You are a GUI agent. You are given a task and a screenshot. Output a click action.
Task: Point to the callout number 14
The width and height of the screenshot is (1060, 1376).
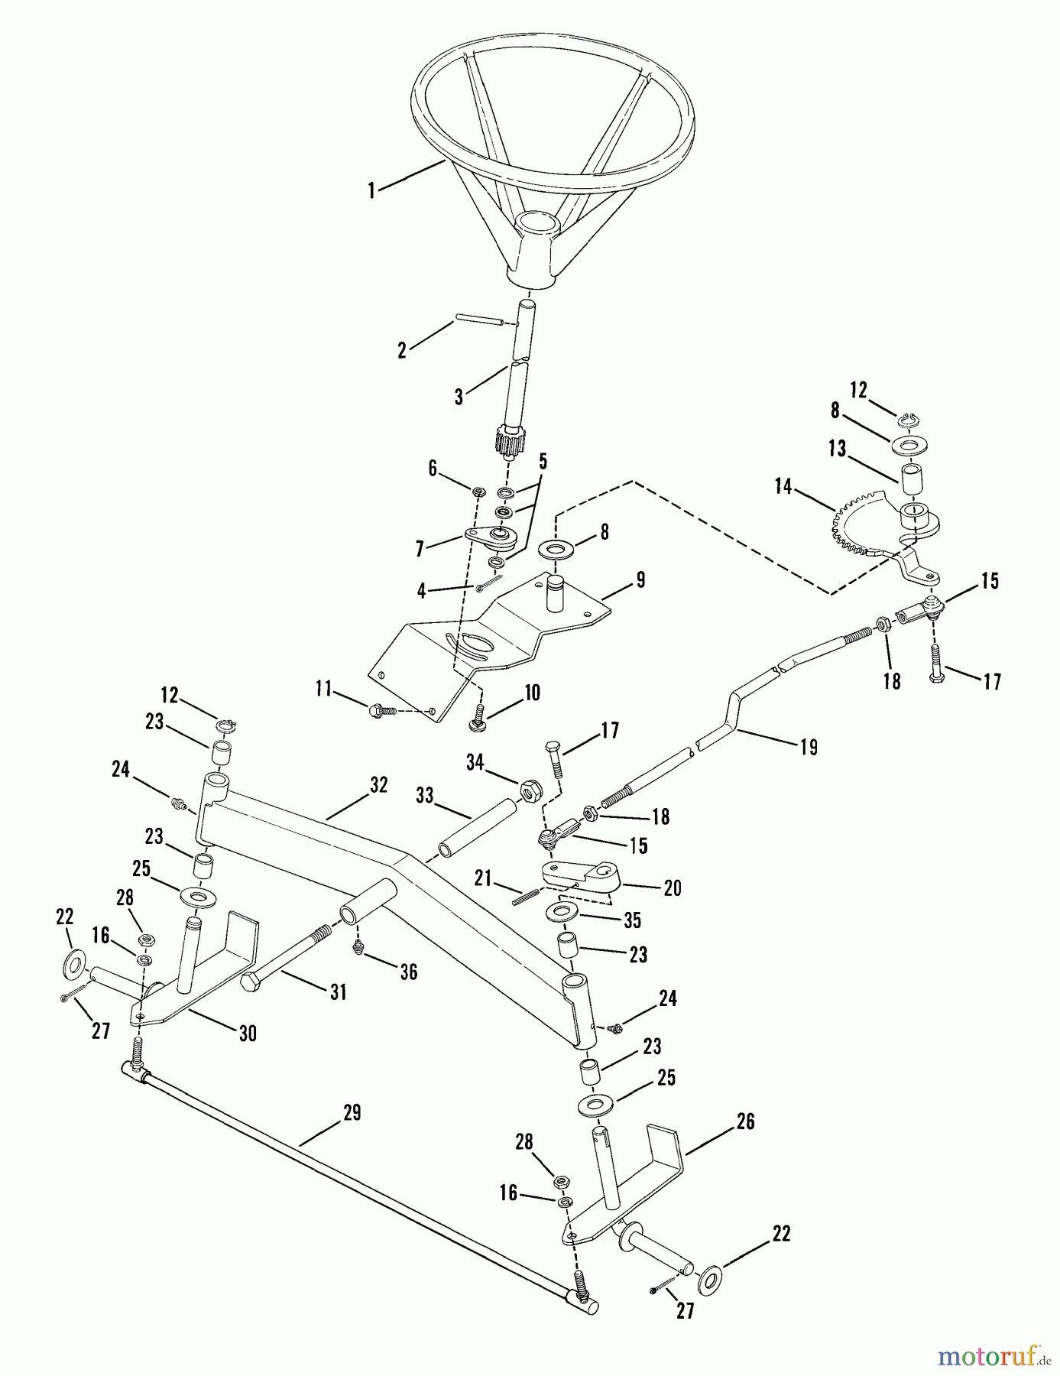(x=783, y=486)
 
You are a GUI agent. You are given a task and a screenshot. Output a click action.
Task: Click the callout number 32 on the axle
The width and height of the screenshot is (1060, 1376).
(x=378, y=785)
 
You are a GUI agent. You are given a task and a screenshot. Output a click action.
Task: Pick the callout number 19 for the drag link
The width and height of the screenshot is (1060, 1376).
(x=809, y=746)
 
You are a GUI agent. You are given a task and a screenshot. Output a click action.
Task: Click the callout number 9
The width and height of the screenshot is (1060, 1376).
(x=640, y=580)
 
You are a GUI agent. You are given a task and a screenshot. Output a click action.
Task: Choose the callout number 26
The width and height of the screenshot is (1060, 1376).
(x=745, y=1121)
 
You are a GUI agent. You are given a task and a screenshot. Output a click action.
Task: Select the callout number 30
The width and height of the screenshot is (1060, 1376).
(x=247, y=1034)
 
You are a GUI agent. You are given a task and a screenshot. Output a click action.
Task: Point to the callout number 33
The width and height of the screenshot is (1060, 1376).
(x=425, y=796)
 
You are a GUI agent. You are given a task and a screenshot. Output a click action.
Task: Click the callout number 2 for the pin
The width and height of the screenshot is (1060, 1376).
(x=402, y=350)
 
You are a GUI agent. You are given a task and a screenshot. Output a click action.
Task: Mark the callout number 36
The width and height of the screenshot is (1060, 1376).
(x=409, y=971)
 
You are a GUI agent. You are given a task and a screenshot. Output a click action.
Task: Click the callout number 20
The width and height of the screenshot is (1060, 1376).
(x=673, y=888)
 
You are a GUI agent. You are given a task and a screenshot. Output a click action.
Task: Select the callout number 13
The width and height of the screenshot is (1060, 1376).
(x=837, y=449)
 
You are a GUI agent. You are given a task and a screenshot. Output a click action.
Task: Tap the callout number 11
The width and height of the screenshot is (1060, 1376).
(x=324, y=690)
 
